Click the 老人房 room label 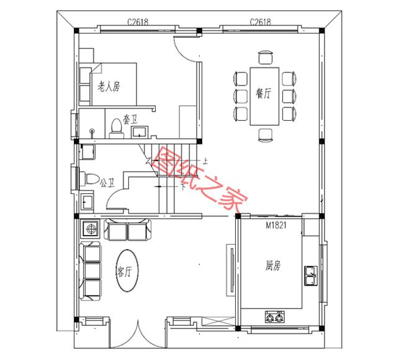[x=109, y=87]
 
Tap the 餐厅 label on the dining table [x=264, y=94]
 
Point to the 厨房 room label [x=273, y=266]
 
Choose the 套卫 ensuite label [x=130, y=117]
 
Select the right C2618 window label [x=260, y=22]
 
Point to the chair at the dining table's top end [x=264, y=59]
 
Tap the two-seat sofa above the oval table [x=127, y=230]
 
